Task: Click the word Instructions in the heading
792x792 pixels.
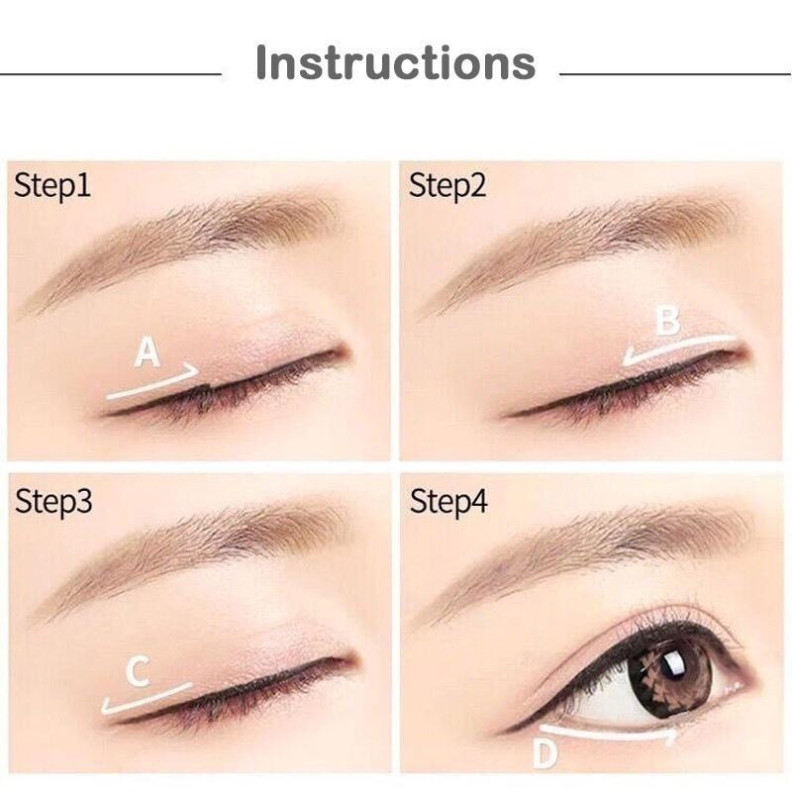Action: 395,62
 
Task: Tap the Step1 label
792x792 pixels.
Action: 51,185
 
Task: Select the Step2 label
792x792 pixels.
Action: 447,185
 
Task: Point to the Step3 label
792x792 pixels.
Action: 53,502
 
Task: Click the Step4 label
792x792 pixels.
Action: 448,502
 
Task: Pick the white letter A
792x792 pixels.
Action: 148,352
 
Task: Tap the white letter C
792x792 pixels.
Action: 138,673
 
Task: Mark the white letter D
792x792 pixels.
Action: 544,753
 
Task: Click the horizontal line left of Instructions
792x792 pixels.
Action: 110,73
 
